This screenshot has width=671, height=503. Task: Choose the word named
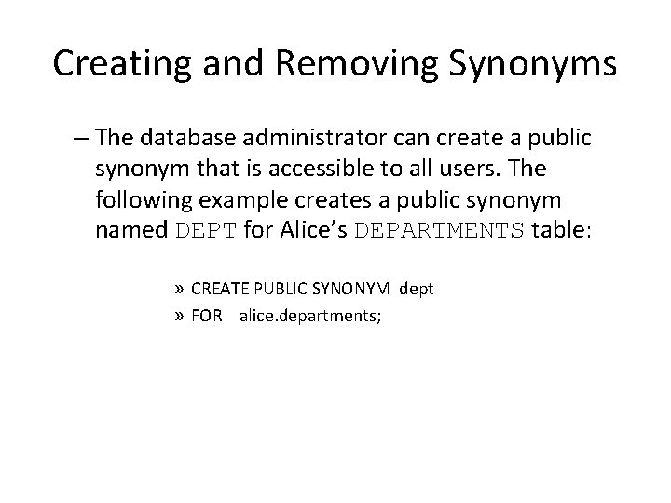pos(131,230)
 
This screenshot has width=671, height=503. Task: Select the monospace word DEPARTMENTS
pos(441,230)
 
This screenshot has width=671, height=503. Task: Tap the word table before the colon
pos(559,230)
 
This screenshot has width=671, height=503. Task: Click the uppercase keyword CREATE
pos(220,289)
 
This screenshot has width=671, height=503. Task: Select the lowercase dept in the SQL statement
pos(417,289)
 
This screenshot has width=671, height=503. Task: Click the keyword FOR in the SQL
pos(207,315)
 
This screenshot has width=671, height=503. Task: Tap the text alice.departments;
pos(311,315)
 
